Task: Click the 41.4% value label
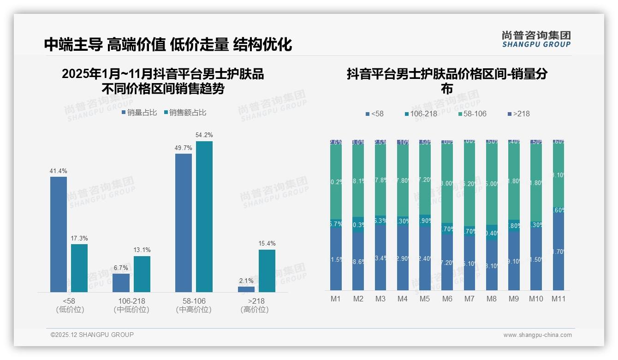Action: [58, 171]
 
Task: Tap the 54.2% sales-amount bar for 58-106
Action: [204, 216]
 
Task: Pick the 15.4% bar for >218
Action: [267, 271]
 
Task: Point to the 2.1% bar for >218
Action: [246, 289]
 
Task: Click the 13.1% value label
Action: [142, 250]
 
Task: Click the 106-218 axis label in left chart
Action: [131, 301]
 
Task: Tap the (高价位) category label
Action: [254, 310]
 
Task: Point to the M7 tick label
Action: [469, 299]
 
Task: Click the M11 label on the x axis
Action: [558, 299]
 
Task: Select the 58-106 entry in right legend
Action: [473, 114]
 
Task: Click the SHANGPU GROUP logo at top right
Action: [536, 39]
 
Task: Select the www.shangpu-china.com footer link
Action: [537, 335]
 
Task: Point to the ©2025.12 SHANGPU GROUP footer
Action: [92, 335]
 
